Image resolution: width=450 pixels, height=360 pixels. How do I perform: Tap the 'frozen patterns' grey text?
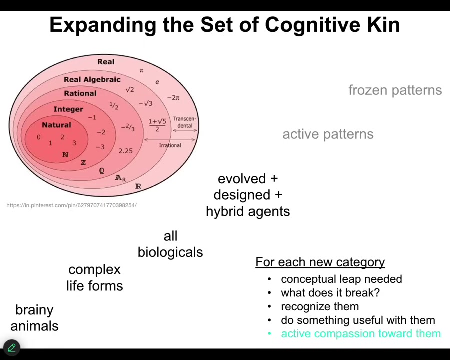click(x=395, y=90)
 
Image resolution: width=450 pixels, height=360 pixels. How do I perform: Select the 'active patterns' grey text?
click(x=328, y=134)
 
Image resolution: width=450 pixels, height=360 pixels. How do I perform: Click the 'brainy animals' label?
click(x=34, y=318)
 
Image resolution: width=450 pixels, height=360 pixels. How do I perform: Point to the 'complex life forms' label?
click(x=95, y=277)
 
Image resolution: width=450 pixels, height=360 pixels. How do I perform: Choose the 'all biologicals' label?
click(x=170, y=244)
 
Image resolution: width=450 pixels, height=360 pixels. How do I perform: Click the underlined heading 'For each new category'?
click(x=320, y=262)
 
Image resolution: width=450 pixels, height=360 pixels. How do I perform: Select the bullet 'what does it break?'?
click(x=330, y=293)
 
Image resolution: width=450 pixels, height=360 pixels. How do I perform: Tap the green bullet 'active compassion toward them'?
click(x=360, y=334)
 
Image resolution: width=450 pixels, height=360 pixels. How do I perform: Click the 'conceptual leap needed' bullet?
click(x=341, y=279)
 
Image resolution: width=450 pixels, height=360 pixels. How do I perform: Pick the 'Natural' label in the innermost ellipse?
click(x=56, y=125)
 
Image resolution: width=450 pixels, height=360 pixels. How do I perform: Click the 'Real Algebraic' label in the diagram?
click(x=92, y=80)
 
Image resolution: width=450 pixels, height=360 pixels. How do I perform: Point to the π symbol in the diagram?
click(x=141, y=70)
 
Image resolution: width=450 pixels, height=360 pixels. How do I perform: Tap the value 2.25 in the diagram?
click(x=125, y=151)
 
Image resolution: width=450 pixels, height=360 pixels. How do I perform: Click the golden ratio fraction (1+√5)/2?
click(x=157, y=125)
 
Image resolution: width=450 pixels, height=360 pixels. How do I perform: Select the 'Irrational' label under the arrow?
click(x=170, y=145)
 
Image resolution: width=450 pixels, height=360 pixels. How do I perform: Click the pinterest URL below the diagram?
click(x=71, y=205)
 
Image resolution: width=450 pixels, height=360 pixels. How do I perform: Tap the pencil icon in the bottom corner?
click(x=11, y=347)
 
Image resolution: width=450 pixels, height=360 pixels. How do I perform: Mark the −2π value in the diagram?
click(x=173, y=98)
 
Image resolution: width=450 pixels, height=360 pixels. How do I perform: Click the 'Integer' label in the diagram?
click(x=68, y=109)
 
